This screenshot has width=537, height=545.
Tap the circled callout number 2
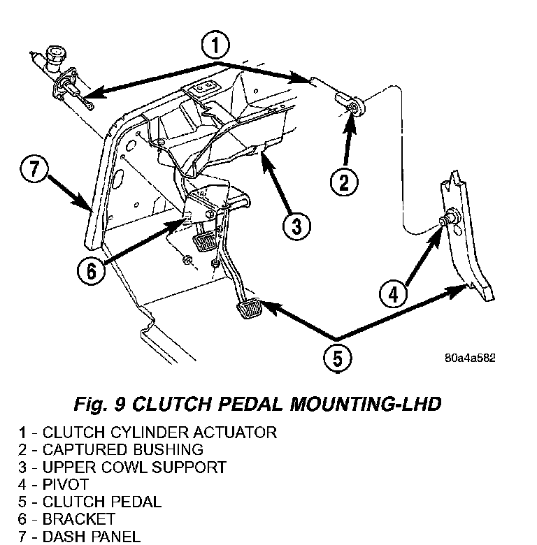(344, 183)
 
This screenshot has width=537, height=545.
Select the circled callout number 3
(296, 225)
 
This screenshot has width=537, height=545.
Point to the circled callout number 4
(394, 294)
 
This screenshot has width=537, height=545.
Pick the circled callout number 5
(337, 358)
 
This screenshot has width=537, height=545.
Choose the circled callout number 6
(92, 270)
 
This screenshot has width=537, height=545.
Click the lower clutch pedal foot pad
(247, 308)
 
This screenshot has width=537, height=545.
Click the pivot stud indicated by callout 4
(445, 221)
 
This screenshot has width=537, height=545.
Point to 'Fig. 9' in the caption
(96, 405)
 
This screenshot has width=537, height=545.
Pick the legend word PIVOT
(64, 484)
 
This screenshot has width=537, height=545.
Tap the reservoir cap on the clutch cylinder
(55, 53)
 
